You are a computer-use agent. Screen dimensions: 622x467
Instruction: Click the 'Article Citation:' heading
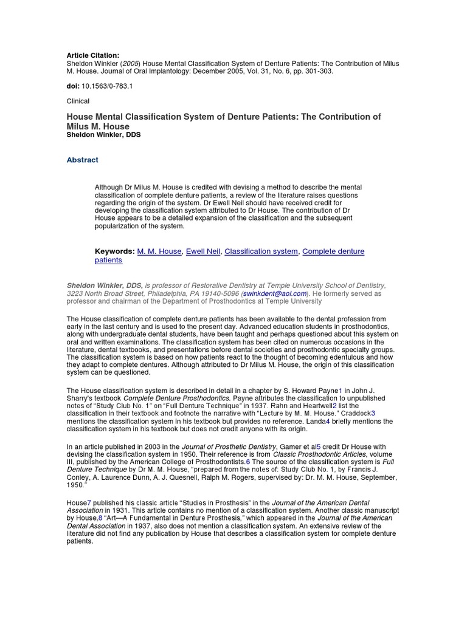(x=89, y=55)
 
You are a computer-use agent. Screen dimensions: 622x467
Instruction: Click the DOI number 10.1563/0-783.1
(x=107, y=86)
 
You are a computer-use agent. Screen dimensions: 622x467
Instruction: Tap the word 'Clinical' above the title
(x=77, y=101)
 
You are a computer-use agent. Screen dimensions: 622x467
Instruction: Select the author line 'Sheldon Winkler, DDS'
(x=103, y=135)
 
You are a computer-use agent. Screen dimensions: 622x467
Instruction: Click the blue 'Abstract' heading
(x=81, y=160)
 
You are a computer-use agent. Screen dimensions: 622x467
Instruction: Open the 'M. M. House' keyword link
(x=159, y=251)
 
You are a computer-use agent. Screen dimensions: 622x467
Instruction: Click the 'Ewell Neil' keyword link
(x=203, y=251)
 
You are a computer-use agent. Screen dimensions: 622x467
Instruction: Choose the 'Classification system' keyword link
(x=261, y=251)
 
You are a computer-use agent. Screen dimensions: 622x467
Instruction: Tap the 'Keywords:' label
(x=114, y=251)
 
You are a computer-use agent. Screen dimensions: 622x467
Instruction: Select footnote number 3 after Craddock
(x=373, y=413)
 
